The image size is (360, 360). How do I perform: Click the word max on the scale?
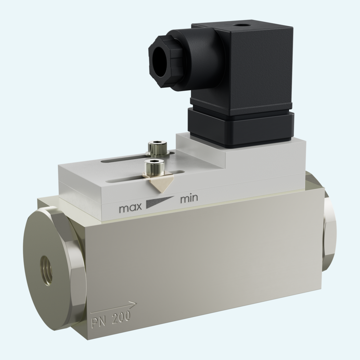(131, 208)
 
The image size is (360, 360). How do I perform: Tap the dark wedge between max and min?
(160, 202)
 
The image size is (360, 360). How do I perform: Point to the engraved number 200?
(121, 317)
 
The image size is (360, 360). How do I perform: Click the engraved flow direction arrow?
(114, 308)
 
